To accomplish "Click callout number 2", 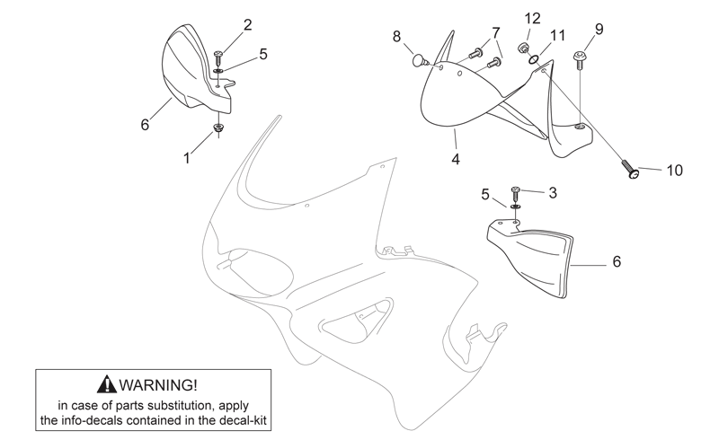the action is (248, 25).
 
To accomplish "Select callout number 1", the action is (187, 158).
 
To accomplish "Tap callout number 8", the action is (396, 36).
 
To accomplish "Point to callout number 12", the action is (532, 19).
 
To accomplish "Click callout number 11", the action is (557, 35).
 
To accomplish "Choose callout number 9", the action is (599, 30).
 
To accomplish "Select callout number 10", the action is (675, 171).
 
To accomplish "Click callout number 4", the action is (456, 159).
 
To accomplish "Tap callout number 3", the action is (553, 193).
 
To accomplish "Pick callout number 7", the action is (496, 33).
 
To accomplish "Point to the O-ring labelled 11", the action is (534, 60).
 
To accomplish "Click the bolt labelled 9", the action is (578, 60).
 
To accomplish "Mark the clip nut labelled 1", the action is (218, 128).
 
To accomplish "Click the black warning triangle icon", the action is (106, 384).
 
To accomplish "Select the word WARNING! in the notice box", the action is (159, 384).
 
